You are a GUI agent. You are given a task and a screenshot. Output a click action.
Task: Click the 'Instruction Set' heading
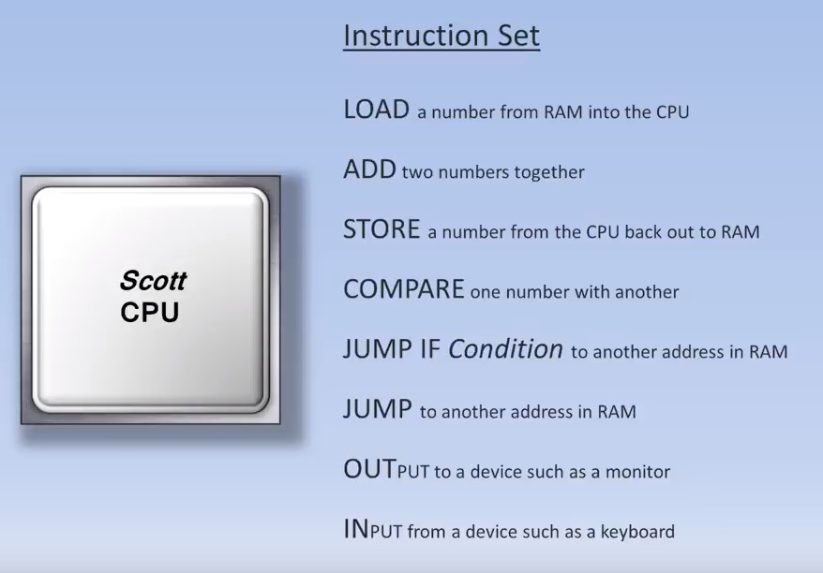(x=441, y=36)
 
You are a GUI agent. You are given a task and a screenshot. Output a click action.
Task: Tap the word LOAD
(x=376, y=110)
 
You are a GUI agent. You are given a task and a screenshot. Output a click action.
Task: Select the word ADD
(x=369, y=169)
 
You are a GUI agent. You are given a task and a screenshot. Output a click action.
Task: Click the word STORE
(x=382, y=229)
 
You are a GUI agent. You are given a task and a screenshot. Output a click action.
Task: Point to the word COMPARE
(x=404, y=289)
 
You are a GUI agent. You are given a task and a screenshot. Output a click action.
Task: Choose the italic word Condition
(x=505, y=348)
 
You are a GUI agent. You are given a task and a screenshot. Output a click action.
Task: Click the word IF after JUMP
(x=429, y=349)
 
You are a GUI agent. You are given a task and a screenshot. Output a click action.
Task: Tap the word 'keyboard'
(x=637, y=532)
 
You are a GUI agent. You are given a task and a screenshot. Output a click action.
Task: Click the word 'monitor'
(x=637, y=472)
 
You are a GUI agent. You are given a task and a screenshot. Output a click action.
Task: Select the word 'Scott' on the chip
(x=153, y=281)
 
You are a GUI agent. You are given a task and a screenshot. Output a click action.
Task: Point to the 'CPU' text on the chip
(x=150, y=313)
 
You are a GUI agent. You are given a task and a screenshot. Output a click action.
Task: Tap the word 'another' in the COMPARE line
(x=647, y=292)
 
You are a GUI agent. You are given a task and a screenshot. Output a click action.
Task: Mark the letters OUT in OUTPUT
(x=369, y=469)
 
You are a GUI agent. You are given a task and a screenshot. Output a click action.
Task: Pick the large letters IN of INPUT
(x=356, y=528)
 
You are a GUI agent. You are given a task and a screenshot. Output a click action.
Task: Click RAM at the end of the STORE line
(x=741, y=231)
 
